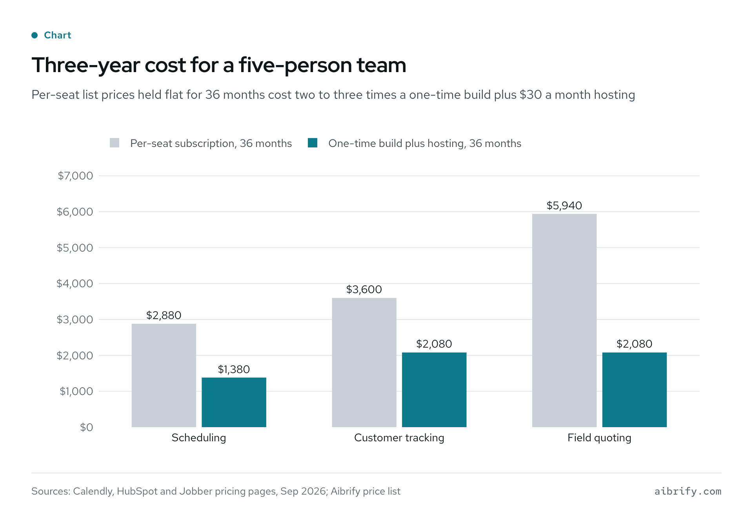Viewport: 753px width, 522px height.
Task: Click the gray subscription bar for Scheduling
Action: (164, 375)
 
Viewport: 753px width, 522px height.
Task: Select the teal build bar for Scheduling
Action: (234, 402)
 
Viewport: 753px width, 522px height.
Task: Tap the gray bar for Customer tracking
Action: (364, 362)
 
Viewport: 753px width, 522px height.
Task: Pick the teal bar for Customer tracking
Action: (434, 390)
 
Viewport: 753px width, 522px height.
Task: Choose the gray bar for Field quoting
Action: (564, 320)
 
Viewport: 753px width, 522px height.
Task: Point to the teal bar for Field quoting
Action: (635, 390)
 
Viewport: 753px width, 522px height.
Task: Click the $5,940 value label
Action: (564, 205)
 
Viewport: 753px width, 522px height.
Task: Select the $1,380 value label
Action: (234, 369)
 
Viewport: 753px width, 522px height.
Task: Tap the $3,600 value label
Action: (364, 290)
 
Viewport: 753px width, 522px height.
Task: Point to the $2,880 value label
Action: (164, 315)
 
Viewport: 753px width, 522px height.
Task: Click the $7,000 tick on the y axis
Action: (75, 176)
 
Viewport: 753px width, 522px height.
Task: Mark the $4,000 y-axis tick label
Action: (75, 283)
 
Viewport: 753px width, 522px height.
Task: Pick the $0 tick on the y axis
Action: (87, 427)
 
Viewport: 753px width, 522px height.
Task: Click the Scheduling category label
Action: (199, 438)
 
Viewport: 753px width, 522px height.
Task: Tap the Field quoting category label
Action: (599, 438)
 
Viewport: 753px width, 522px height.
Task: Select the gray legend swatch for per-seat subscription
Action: (115, 143)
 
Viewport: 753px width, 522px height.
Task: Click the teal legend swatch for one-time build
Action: (313, 143)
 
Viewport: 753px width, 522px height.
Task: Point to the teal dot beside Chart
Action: (35, 35)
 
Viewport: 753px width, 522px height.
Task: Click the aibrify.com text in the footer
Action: (688, 491)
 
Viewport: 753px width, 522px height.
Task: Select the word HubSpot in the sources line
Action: (137, 491)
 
